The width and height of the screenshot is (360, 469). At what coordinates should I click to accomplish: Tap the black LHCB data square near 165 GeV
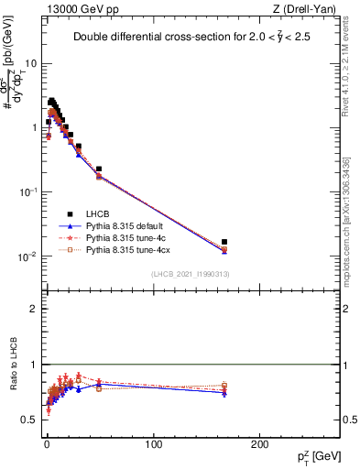click(224, 243)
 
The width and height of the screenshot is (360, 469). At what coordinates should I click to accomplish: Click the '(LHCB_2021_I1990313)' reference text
click(190, 274)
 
